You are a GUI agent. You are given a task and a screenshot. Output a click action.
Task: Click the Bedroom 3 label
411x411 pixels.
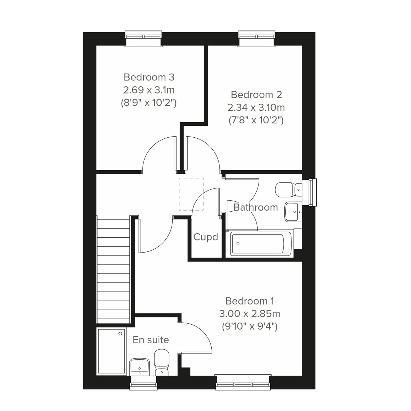click(149, 77)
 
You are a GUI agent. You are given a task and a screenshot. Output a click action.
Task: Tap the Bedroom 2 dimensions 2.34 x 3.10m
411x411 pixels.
click(256, 108)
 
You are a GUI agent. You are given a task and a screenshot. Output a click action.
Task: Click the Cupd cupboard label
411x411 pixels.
click(206, 237)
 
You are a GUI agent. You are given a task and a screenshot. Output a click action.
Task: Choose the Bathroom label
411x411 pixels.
click(255, 207)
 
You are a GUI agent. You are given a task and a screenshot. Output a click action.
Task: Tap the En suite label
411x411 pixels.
click(151, 340)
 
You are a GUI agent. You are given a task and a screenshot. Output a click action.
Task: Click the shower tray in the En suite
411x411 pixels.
click(111, 351)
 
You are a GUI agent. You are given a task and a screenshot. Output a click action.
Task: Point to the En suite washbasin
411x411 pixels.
click(139, 366)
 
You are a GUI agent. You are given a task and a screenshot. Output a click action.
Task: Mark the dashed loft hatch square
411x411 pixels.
click(191, 194)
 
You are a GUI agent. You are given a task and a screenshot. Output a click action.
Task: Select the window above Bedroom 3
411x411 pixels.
click(144, 38)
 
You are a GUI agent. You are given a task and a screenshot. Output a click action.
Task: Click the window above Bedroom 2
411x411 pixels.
click(256, 38)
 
